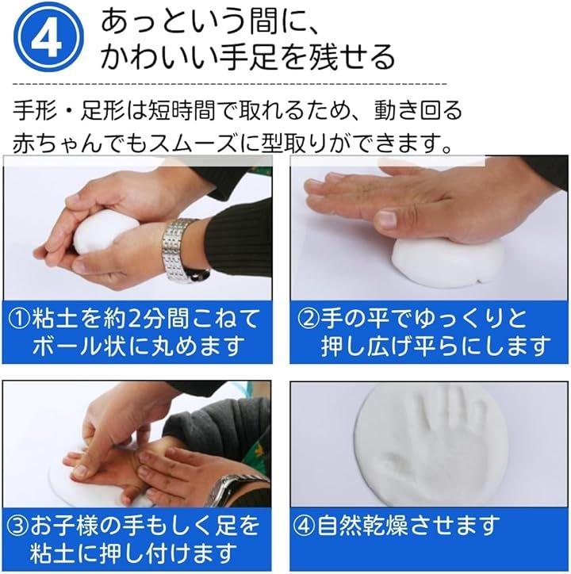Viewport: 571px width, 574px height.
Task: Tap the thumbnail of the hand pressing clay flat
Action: tap(429, 228)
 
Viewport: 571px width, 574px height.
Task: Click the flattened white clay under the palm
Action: tap(446, 262)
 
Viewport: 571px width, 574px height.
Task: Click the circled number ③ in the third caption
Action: tap(18, 526)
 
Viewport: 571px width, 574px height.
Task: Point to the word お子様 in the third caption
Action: tap(64, 526)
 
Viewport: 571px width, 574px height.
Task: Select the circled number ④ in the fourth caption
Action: tap(305, 526)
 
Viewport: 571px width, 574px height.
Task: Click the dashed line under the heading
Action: tap(230, 84)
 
